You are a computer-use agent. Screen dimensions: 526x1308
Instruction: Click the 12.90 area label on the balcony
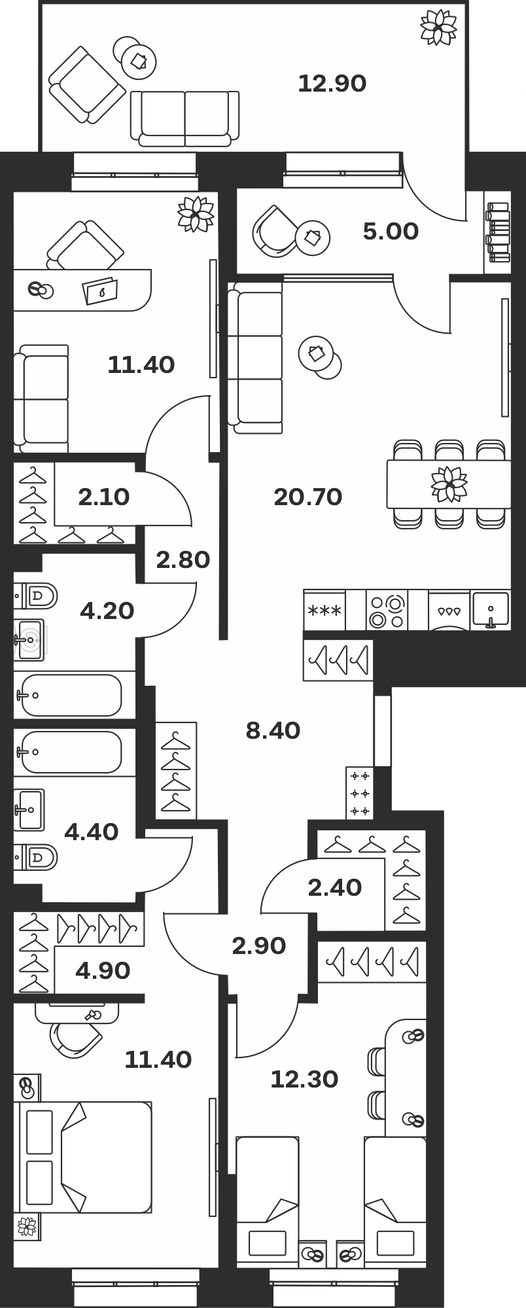tap(332, 84)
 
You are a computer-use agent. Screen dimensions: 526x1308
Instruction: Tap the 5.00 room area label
tap(391, 232)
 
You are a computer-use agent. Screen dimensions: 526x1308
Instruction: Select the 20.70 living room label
tap(307, 497)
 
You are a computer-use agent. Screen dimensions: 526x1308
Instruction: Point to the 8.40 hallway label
tap(273, 730)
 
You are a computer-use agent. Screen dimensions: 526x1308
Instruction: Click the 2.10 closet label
tap(103, 497)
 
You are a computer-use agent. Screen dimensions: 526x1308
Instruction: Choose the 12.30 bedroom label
tap(304, 1080)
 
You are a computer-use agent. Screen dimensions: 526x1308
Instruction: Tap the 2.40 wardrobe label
tap(334, 888)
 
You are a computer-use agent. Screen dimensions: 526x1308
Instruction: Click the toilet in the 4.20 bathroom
tap(36, 596)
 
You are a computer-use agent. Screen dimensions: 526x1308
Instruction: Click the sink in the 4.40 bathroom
tap(29, 809)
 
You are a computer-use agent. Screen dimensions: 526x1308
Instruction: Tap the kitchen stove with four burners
tap(387, 610)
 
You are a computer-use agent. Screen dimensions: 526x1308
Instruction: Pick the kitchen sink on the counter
tap(490, 610)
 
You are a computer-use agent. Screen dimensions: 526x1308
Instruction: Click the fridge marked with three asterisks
tap(324, 610)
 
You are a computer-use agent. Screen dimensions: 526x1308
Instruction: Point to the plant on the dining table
tap(449, 484)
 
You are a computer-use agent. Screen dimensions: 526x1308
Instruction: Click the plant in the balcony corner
tap(438, 27)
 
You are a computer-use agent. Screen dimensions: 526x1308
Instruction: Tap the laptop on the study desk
tap(101, 291)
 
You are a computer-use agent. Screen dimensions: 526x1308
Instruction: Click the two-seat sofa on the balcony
tap(184, 118)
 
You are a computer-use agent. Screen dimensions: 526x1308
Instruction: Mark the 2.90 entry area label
tap(259, 946)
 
